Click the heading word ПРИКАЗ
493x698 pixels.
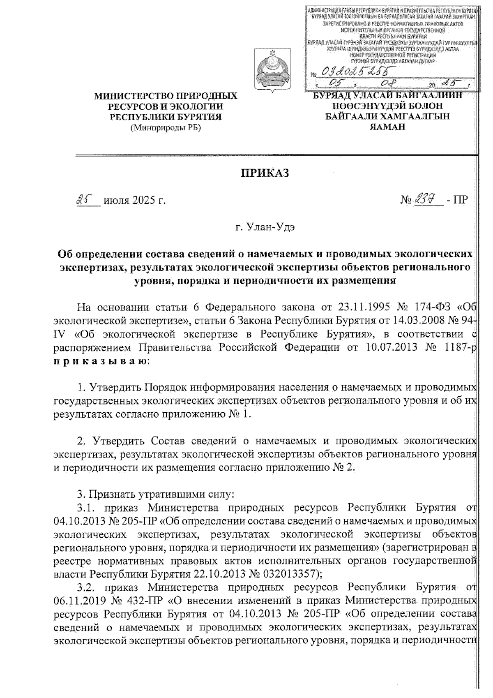click(265, 173)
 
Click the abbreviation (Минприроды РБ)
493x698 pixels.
click(166, 128)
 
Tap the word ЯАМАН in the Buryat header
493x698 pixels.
click(387, 127)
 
